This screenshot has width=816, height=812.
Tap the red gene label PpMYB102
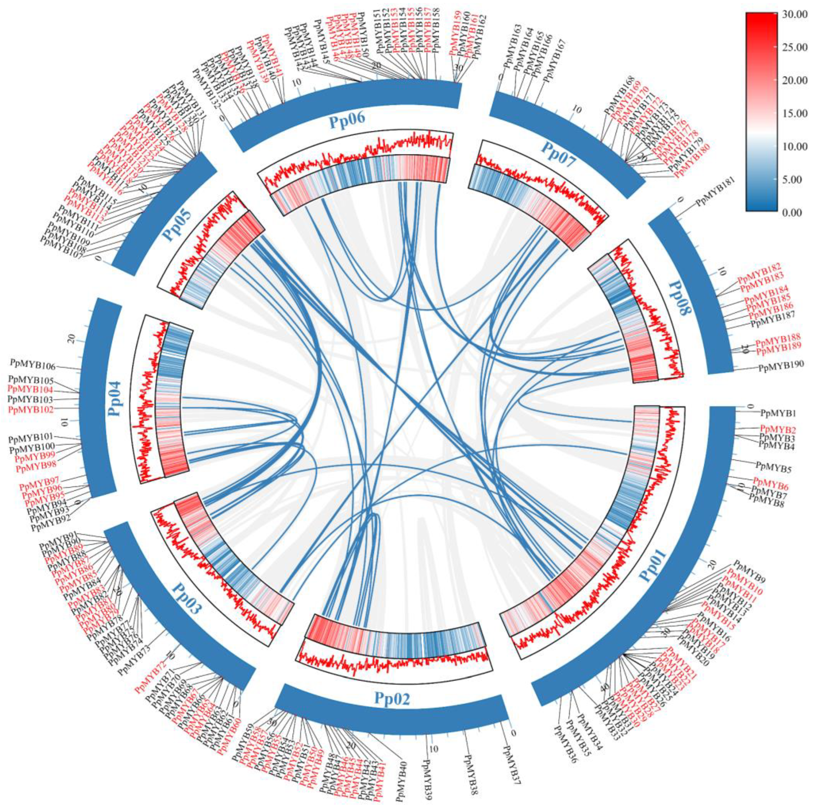coord(31,410)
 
